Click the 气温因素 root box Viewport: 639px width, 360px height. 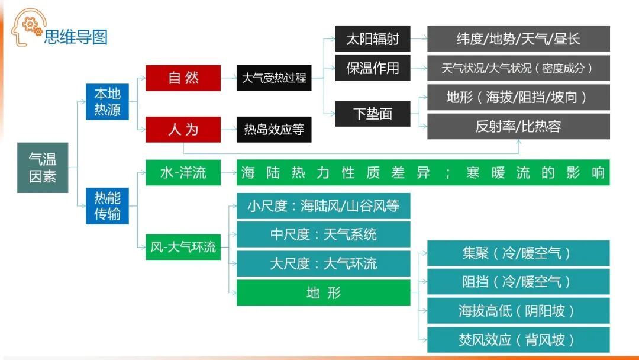coord(43,168)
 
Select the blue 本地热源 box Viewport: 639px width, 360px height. coord(107,102)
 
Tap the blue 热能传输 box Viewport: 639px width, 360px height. coord(107,205)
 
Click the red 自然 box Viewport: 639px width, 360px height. coord(183,78)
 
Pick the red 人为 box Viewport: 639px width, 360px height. coord(183,129)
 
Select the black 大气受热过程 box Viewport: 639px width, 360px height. coord(274,78)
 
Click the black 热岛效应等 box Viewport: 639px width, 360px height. coord(274,129)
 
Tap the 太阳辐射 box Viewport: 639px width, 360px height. coord(373,39)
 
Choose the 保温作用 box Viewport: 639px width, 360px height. coord(373,68)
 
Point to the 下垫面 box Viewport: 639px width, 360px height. coord(373,114)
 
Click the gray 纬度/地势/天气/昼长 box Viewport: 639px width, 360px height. coord(518,39)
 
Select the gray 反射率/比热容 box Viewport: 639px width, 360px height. coord(518,126)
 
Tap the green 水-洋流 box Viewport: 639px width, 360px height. coord(183,173)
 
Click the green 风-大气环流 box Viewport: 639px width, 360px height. coord(183,247)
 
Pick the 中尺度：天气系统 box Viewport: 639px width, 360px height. coord(323,234)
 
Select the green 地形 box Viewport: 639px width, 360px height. coord(323,293)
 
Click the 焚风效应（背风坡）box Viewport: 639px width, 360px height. coord(518,340)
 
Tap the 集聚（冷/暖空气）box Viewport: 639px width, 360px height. coord(518,253)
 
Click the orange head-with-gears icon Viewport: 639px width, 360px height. coord(25,27)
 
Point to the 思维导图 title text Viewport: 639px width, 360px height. coord(76,37)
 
